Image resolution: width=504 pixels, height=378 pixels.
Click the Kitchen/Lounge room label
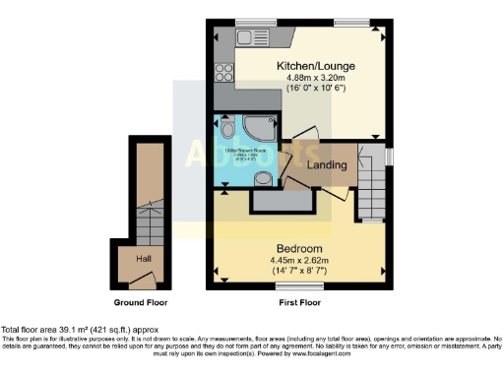tap(308, 66)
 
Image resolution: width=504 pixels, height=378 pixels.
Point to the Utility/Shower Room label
tap(244, 154)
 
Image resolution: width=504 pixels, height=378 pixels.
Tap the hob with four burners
tap(223, 71)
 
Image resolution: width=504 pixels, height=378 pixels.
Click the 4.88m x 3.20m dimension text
tap(307, 79)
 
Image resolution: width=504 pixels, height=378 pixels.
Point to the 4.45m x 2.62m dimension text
tap(301, 261)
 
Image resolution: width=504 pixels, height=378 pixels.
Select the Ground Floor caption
tap(137, 303)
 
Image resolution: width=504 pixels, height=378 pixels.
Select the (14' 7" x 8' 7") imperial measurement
tap(301, 271)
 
